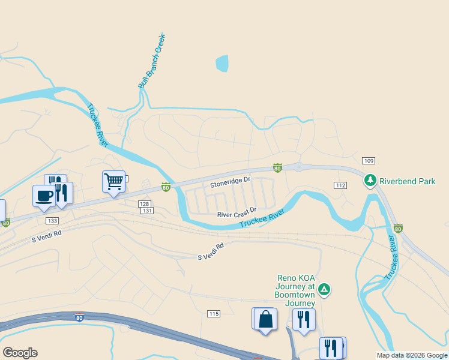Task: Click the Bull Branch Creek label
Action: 152,62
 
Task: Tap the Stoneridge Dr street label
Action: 229,182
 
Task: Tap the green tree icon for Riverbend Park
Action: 370,179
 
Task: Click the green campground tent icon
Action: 324,290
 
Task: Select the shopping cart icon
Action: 113,181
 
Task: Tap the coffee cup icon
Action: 44,196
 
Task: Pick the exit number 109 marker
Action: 369,160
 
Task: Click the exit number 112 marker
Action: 340,185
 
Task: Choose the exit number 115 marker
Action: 213,314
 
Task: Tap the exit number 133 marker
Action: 52,221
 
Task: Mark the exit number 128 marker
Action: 143,204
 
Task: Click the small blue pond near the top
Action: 222,63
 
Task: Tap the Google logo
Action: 20,353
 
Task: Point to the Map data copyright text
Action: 412,355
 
